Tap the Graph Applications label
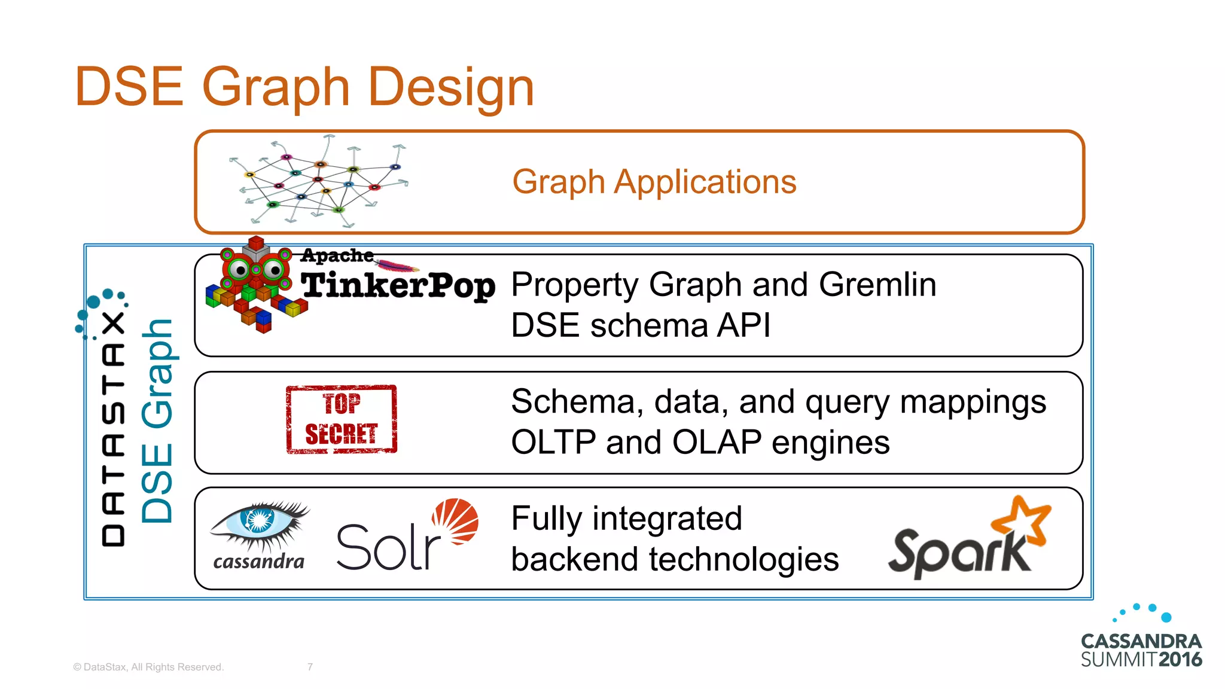click(654, 182)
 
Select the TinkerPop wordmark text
click(398, 285)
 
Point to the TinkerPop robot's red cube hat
click(256, 243)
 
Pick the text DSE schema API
click(641, 326)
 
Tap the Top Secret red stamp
click(342, 419)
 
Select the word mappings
click(973, 402)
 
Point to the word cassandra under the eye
click(258, 562)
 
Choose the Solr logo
click(407, 535)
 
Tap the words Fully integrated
click(626, 519)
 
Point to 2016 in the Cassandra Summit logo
click(1180, 660)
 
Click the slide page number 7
click(310, 667)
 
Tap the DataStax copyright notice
click(148, 667)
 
